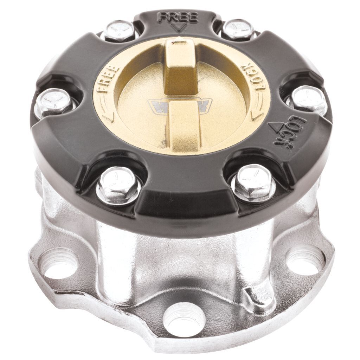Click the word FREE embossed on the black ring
pyautogui.click(x=178, y=16)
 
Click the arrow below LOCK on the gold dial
pyautogui.click(x=258, y=109)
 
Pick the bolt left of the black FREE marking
pyautogui.click(x=120, y=30)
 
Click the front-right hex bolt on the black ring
pyautogui.click(x=253, y=183)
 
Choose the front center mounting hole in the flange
pyautogui.click(x=184, y=318)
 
